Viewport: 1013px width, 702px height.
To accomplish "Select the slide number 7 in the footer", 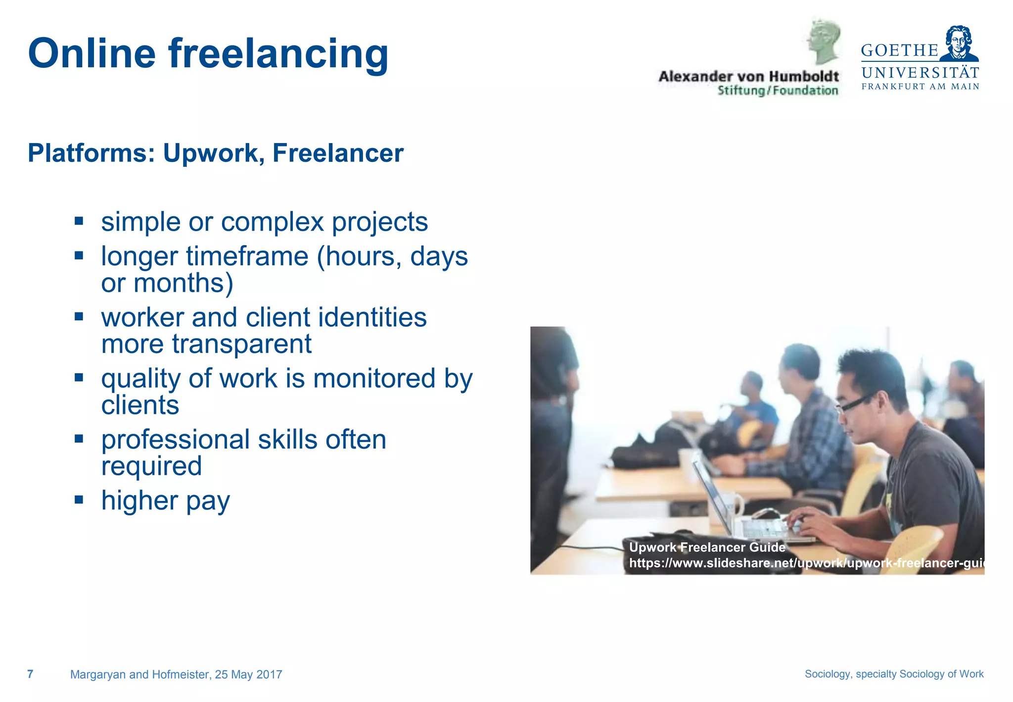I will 30,674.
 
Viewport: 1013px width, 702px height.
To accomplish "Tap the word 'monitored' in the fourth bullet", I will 374,378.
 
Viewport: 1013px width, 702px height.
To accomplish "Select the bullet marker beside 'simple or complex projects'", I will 79,220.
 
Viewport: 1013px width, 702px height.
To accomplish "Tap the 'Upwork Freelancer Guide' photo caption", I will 707,547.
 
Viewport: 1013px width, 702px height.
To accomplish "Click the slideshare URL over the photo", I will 806,563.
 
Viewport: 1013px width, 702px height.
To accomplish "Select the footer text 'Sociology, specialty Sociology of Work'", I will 894,674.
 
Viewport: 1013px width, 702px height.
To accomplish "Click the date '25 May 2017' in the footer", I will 248,674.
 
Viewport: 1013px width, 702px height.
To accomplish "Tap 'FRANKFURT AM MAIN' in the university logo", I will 920,87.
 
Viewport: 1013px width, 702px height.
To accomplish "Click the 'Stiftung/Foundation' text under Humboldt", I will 778,91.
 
